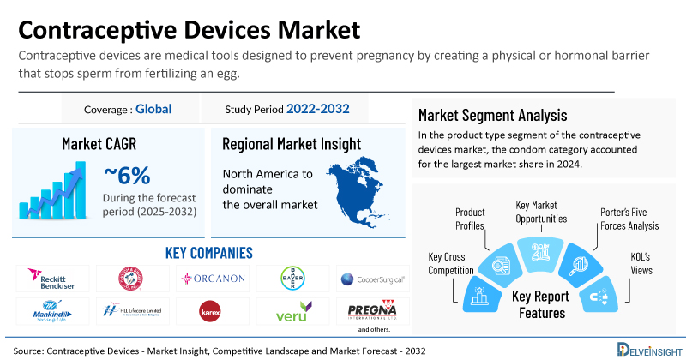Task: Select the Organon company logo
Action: tap(212, 279)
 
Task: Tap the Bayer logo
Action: tap(292, 278)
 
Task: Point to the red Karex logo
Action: tap(210, 309)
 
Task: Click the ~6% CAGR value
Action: tap(128, 176)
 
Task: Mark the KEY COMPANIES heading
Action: tap(208, 253)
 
